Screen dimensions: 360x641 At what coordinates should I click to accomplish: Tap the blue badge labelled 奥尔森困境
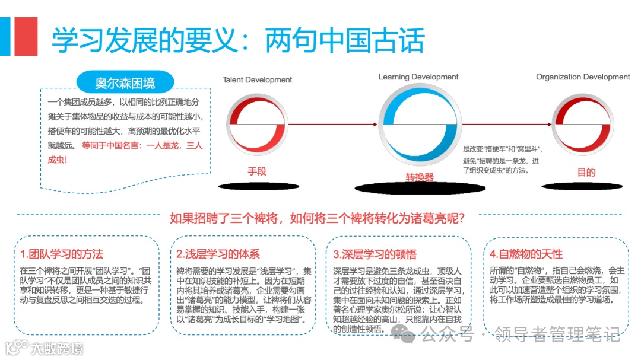[x=125, y=82]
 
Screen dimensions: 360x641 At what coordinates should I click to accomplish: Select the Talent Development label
[x=257, y=80]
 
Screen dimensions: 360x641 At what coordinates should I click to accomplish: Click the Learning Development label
[x=418, y=77]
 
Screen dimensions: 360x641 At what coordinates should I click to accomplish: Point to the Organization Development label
[x=583, y=77]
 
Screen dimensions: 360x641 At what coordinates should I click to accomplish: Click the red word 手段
[x=257, y=171]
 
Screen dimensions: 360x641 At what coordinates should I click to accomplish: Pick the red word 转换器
[x=420, y=177]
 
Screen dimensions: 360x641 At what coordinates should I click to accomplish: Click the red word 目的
[x=586, y=173]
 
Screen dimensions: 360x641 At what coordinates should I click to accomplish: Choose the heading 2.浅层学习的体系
[x=218, y=254]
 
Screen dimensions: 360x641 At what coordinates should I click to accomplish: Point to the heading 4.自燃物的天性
[x=526, y=254]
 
